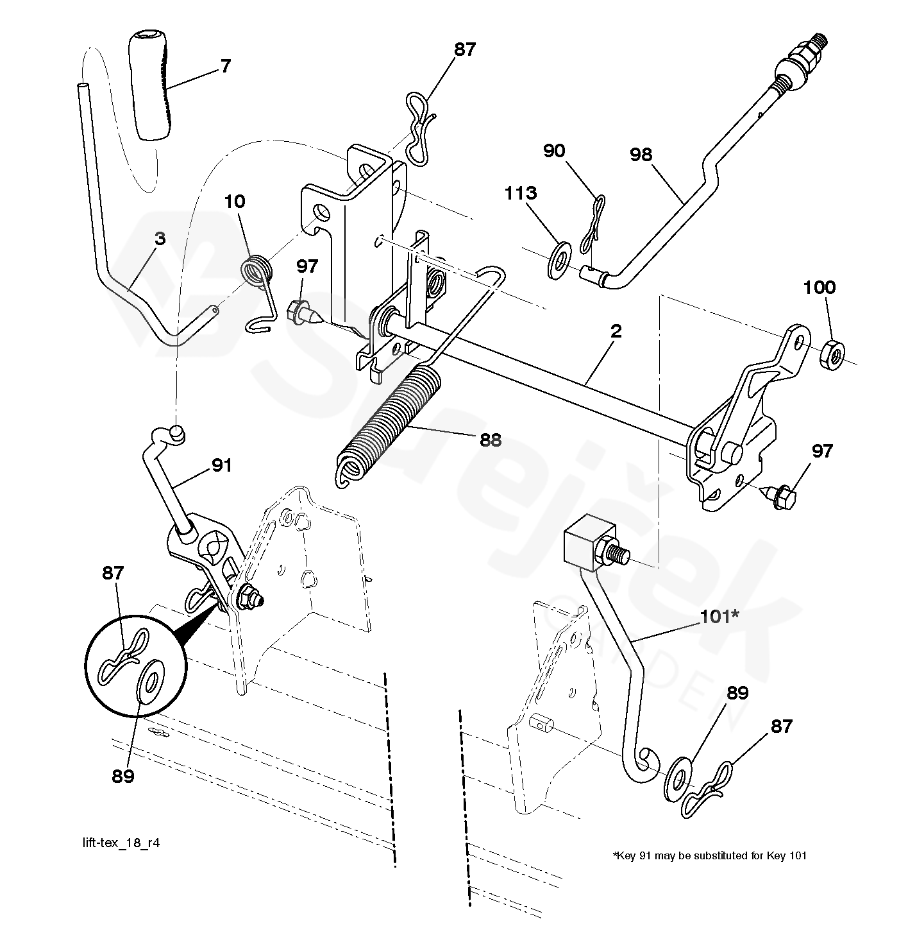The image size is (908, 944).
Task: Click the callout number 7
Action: coord(226,66)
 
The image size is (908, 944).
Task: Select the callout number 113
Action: coord(521,193)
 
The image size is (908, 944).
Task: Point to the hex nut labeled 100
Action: coord(832,355)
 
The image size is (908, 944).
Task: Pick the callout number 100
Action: coord(820,287)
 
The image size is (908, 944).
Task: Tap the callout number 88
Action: coord(490,440)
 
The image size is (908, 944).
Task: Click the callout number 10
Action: coord(235,202)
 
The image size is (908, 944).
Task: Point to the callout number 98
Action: coord(641,155)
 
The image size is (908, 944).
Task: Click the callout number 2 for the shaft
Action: coord(616,331)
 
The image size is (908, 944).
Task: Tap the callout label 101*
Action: coord(719,617)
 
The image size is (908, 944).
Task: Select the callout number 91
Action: coord(221,465)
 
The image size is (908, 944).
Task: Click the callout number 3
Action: coord(160,239)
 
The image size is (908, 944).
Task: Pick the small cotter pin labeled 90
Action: coord(593,223)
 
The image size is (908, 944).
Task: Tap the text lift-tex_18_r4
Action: coord(121,843)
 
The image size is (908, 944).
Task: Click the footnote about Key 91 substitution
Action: coord(710,855)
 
